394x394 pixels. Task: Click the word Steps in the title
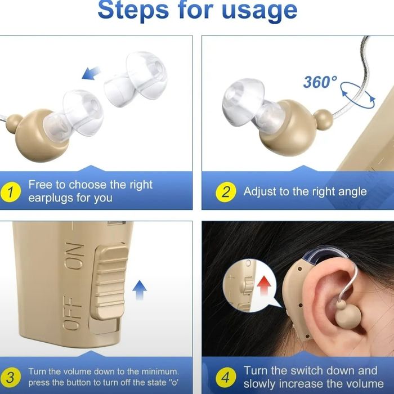(133, 10)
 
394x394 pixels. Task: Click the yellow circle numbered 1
(10, 192)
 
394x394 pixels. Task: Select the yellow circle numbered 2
(226, 192)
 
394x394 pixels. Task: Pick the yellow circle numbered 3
(10, 378)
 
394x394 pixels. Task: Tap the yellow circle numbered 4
(226, 378)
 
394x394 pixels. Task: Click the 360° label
(320, 82)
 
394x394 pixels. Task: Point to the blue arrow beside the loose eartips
(91, 73)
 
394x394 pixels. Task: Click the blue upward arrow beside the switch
(140, 290)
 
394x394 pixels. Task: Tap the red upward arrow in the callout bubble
(264, 285)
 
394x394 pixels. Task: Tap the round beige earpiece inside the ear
(348, 317)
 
